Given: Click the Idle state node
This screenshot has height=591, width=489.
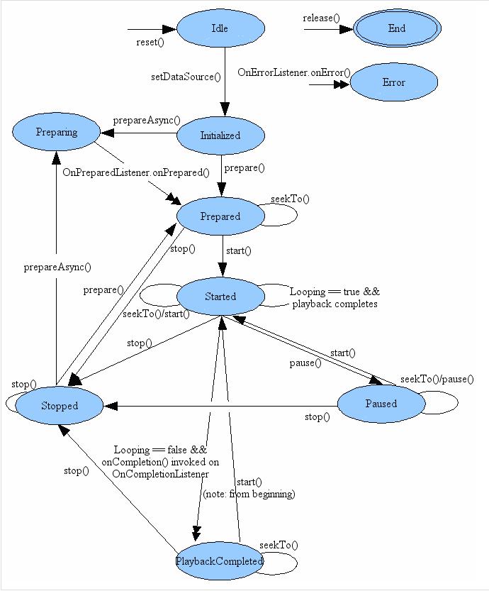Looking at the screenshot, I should (220, 28).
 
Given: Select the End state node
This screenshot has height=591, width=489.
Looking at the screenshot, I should (397, 28).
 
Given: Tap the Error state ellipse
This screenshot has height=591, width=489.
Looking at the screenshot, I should (393, 82).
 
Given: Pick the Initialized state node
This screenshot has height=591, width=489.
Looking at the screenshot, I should (220, 136).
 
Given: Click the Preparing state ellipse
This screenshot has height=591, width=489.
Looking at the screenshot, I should (57, 132).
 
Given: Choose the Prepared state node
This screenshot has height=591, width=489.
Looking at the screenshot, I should (220, 216).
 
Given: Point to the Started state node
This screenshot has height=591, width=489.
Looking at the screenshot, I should (220, 297).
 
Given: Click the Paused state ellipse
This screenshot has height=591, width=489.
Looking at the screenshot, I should (381, 404).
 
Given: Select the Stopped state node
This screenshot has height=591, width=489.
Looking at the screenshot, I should (60, 406).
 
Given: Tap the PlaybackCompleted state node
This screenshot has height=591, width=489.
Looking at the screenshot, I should (220, 561).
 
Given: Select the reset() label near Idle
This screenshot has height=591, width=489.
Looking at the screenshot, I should (150, 42).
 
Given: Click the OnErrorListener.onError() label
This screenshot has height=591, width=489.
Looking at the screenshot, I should (294, 72).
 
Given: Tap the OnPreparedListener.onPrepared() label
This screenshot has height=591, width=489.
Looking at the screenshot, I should (136, 172).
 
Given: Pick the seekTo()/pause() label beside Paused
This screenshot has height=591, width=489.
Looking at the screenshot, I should (437, 379).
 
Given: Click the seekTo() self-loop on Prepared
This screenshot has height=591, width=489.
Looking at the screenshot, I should (290, 199).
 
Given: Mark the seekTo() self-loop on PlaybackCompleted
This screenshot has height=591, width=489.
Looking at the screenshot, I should (279, 545).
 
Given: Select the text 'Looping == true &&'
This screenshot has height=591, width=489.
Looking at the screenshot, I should (335, 292).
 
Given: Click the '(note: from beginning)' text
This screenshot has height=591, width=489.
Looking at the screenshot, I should (249, 494).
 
